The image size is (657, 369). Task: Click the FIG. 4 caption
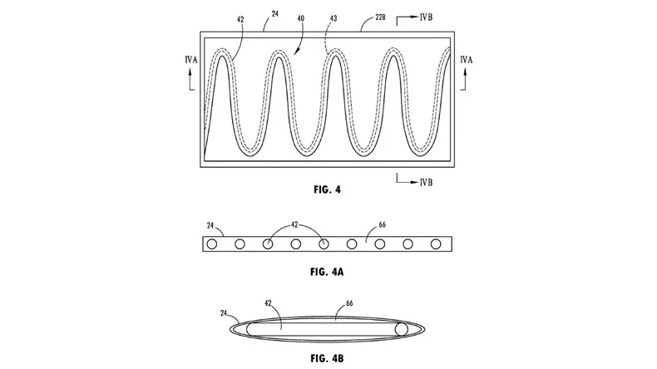tap(327, 189)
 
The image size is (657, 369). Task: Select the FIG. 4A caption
tap(327, 272)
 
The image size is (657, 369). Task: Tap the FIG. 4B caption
tap(327, 357)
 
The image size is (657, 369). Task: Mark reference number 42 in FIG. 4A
tap(295, 224)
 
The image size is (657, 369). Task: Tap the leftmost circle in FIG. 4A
tap(212, 244)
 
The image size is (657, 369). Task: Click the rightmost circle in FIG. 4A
tap(435, 244)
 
